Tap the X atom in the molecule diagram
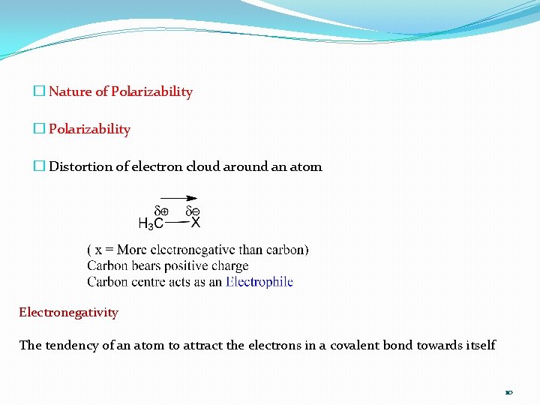point(196,223)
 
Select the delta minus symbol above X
point(192,211)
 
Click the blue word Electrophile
point(259,282)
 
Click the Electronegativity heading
point(68,312)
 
